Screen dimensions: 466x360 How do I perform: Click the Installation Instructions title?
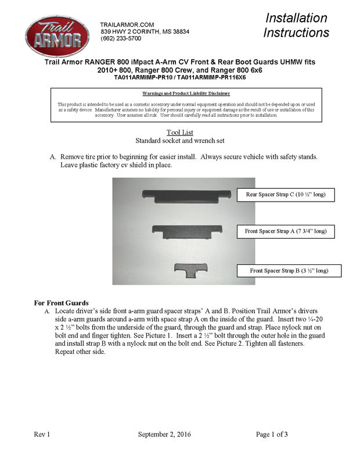[296, 25]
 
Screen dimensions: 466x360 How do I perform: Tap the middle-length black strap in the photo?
[187, 231]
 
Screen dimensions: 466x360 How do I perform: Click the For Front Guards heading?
[61, 303]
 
